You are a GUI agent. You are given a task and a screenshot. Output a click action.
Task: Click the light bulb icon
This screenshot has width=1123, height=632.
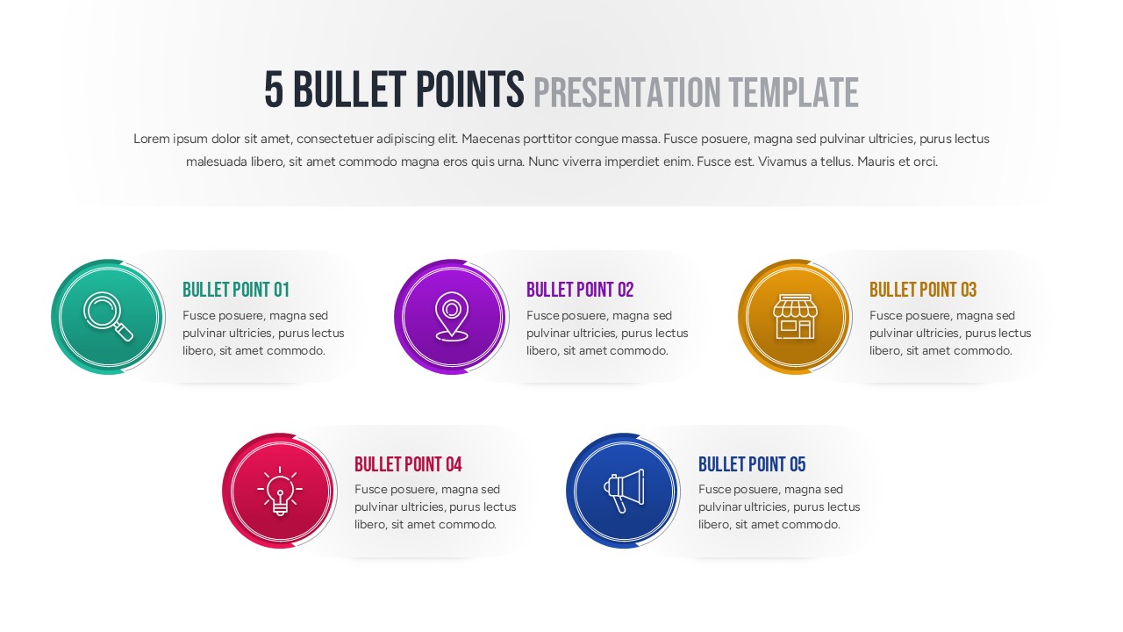pyautogui.click(x=280, y=491)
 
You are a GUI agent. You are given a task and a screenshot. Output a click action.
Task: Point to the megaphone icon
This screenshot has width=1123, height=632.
pyautogui.click(x=624, y=491)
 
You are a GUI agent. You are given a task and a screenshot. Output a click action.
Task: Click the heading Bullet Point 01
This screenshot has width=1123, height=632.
pyautogui.click(x=235, y=290)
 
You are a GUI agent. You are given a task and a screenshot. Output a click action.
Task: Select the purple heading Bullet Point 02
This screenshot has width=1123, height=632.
pyautogui.click(x=579, y=290)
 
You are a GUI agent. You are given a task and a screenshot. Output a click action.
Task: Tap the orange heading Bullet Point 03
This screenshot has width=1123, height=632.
pyautogui.click(x=922, y=290)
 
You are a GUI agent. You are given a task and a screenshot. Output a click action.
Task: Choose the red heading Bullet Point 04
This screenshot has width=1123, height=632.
pyautogui.click(x=407, y=464)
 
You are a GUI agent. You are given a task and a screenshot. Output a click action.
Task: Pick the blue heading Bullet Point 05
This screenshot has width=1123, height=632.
pyautogui.click(x=751, y=464)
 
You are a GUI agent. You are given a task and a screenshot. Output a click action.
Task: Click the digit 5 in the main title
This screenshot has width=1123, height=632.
pyautogui.click(x=274, y=90)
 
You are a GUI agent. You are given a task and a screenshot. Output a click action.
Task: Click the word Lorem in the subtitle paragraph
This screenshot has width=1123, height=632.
pyautogui.click(x=150, y=139)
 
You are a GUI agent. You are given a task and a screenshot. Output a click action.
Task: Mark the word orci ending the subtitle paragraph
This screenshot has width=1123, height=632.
pyautogui.click(x=925, y=162)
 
